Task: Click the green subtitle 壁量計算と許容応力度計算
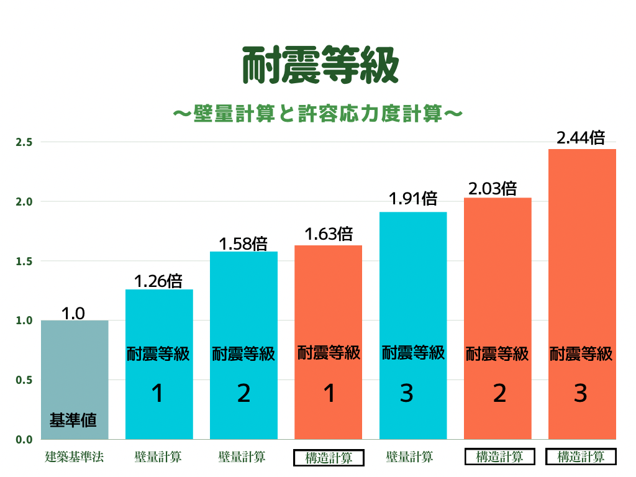pyautogui.click(x=317, y=114)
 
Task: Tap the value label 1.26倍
pyautogui.click(x=158, y=281)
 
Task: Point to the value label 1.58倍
pyautogui.click(x=243, y=243)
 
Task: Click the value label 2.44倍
pyautogui.click(x=581, y=138)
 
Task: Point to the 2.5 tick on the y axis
pyautogui.click(x=24, y=142)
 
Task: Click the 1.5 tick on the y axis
pyautogui.click(x=24, y=261)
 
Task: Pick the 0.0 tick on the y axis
pyautogui.click(x=24, y=440)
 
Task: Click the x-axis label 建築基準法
pyautogui.click(x=74, y=457)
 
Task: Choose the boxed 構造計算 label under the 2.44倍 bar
pyautogui.click(x=581, y=457)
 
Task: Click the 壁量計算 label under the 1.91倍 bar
pyautogui.click(x=409, y=457)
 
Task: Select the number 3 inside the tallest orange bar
pyautogui.click(x=581, y=394)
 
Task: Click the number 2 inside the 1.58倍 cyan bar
pyautogui.click(x=243, y=394)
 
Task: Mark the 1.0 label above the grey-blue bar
pyautogui.click(x=73, y=314)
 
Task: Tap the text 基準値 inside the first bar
pyautogui.click(x=73, y=420)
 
